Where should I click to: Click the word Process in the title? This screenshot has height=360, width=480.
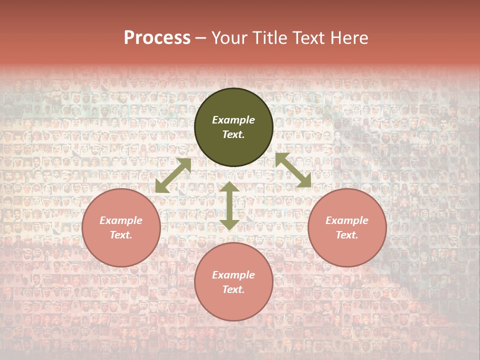tap(157, 38)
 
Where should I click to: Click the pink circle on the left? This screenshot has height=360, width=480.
tap(121, 227)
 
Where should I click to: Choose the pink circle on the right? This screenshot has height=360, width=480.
tap(347, 227)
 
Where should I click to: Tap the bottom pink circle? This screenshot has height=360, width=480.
tap(233, 282)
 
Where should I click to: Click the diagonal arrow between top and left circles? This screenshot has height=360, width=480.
tap(173, 175)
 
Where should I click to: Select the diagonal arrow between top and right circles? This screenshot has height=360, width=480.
tap(293, 170)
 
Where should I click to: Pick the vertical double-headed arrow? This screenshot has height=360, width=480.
tap(229, 206)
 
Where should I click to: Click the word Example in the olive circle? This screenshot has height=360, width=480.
tap(233, 120)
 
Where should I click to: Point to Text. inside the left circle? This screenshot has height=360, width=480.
tap(121, 235)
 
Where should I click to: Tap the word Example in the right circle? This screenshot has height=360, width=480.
tap(347, 220)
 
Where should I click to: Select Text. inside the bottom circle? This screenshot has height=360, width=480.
tap(233, 289)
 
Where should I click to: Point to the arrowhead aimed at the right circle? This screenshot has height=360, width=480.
tap(304, 181)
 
